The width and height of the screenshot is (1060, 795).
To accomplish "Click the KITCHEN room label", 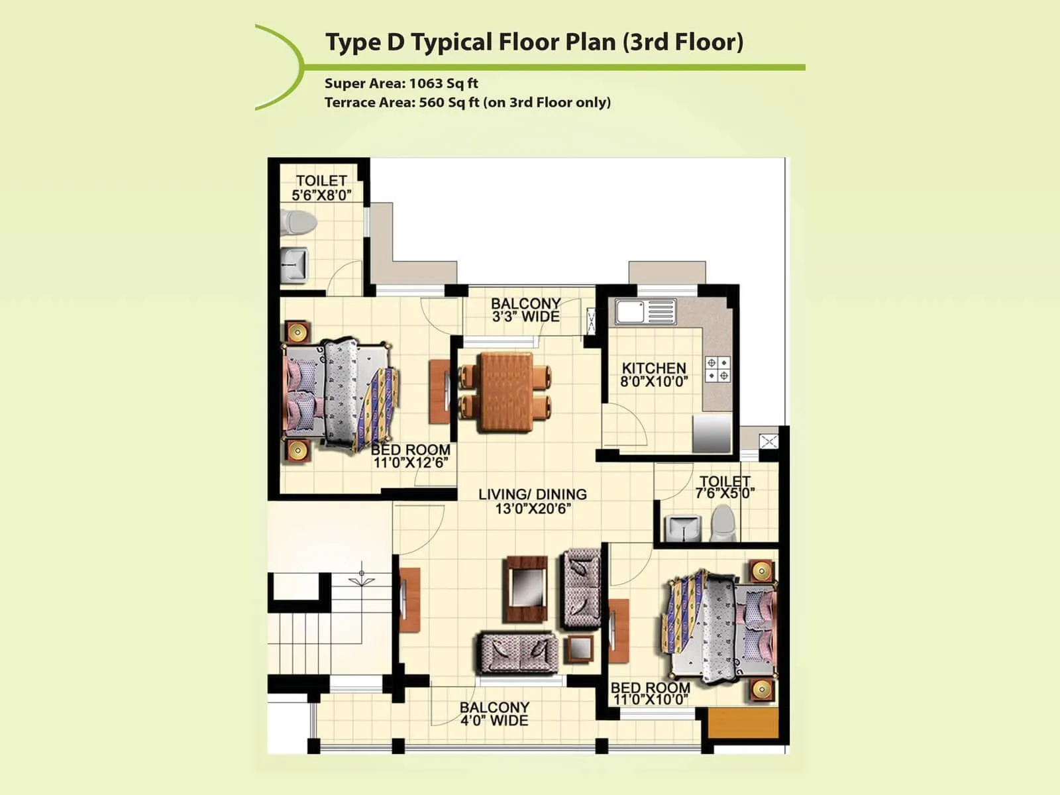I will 654,368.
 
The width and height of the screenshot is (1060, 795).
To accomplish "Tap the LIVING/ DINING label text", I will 533,494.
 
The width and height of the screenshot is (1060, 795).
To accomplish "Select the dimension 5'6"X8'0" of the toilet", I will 321,195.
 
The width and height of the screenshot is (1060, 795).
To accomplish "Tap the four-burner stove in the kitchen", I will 717,370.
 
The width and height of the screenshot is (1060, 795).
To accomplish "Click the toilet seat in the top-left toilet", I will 297,222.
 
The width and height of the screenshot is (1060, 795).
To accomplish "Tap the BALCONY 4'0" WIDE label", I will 494,714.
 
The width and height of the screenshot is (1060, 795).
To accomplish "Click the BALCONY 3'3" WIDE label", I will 525,309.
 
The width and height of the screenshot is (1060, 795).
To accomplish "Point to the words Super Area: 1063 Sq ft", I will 401,83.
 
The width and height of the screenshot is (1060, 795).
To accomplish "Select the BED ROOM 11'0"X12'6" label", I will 411,456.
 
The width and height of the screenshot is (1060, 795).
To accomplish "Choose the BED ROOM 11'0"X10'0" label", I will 651,694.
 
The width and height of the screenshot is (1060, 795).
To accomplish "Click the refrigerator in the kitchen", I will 712,434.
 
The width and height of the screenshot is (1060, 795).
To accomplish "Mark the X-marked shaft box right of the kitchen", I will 768,441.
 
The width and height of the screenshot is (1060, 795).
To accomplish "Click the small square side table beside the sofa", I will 580,649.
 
